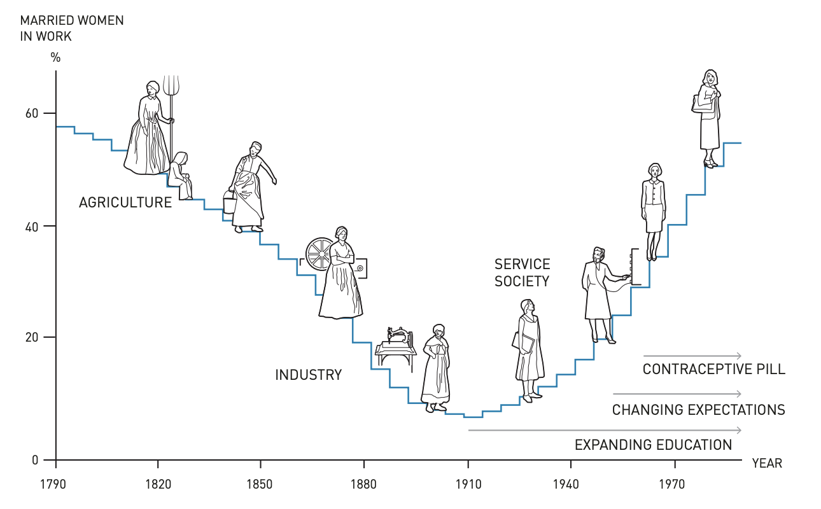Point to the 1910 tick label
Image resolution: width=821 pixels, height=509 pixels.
(x=468, y=485)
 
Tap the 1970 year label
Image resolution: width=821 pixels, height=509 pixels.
(x=672, y=485)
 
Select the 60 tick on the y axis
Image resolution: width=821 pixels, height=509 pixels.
(x=32, y=113)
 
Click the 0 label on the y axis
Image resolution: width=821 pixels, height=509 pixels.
(x=36, y=459)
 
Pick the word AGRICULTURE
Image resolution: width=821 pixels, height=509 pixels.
(x=125, y=203)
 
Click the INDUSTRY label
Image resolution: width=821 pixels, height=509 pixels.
(x=308, y=375)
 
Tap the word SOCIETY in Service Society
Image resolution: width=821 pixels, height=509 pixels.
(x=522, y=281)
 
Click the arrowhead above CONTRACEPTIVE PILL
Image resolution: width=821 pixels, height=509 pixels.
(x=738, y=356)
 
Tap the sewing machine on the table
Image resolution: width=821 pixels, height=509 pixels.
(x=398, y=335)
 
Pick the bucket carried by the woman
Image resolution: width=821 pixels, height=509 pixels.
(x=230, y=204)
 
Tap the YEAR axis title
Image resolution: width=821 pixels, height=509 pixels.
(x=767, y=464)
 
